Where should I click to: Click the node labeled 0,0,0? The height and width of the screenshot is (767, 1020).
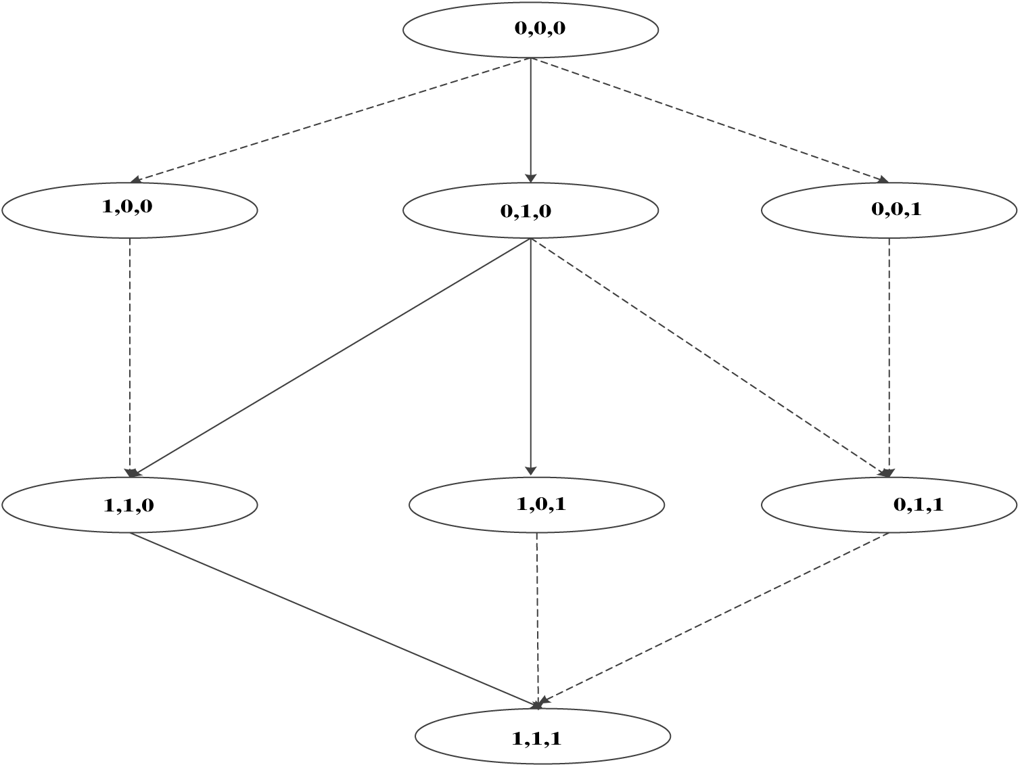coord(530,30)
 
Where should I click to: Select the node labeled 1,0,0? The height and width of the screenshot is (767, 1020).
coord(130,210)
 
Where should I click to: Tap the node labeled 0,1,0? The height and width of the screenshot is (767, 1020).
coord(530,210)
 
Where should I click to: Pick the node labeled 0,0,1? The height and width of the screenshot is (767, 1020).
coord(889,210)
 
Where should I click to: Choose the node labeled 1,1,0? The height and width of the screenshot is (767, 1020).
coord(130,505)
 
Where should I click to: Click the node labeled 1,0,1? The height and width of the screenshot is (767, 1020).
coord(536,505)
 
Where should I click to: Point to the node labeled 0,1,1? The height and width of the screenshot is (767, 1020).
coord(889,505)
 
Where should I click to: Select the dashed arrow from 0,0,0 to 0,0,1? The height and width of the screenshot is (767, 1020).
coord(710,120)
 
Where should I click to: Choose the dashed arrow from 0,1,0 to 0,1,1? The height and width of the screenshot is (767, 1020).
coord(710,356)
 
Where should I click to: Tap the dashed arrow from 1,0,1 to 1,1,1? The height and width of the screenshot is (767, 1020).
coord(538,619)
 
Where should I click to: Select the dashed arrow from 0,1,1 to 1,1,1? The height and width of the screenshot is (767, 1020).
coord(714,619)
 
